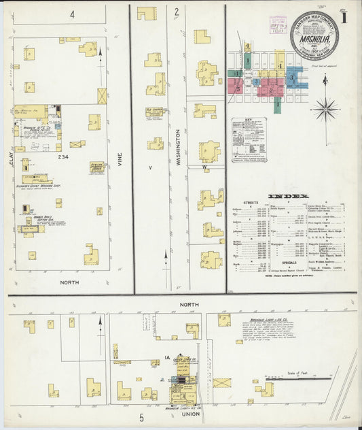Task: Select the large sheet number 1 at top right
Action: pyautogui.click(x=346, y=18)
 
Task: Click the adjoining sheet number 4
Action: pyautogui.click(x=71, y=14)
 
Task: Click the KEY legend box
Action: pyautogui.click(x=249, y=139)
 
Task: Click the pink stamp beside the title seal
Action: pyautogui.click(x=278, y=25)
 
